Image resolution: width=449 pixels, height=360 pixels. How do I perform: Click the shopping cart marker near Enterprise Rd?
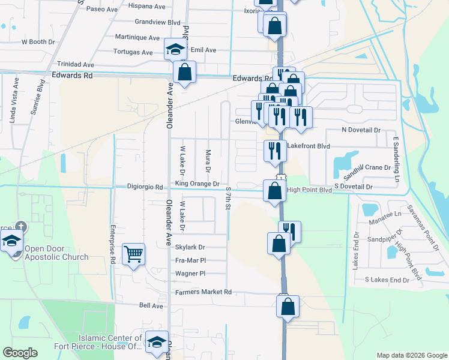(134, 253)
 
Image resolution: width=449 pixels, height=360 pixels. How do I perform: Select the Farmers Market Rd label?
(203, 292)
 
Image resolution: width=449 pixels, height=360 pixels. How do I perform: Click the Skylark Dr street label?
(190, 247)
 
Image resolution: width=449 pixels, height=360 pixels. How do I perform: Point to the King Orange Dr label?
(197, 184)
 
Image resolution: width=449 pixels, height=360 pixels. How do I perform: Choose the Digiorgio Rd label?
(145, 187)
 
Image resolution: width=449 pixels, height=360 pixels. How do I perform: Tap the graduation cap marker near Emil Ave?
(174, 49)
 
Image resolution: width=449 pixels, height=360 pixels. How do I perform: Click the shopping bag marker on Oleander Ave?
(185, 72)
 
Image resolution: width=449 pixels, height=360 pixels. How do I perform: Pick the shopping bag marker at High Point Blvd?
(274, 191)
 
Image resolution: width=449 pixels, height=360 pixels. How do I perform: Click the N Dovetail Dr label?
(361, 130)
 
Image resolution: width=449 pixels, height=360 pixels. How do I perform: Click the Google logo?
(20, 353)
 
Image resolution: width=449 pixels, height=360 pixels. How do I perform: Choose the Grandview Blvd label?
(158, 22)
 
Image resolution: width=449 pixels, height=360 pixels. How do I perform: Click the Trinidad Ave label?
(76, 64)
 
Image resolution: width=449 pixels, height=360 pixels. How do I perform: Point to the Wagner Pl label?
(190, 273)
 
